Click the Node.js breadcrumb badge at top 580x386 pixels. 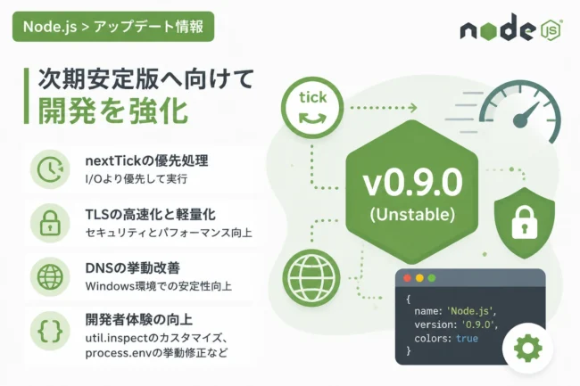point(113,27)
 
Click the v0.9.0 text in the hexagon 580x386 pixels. point(412,183)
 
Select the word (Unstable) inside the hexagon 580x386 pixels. point(412,215)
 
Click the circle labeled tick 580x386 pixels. point(312,108)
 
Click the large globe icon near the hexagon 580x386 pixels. point(311,278)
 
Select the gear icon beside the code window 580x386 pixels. point(528,348)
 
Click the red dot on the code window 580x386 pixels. point(407,278)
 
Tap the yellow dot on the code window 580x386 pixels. point(419,278)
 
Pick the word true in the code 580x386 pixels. point(467,339)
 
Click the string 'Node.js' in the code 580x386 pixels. point(469,311)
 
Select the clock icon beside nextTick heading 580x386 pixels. point(50,169)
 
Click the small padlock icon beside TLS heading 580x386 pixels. point(50,223)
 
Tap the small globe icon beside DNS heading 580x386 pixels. point(50,277)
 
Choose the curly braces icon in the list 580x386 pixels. point(50,331)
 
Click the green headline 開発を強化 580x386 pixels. point(113,111)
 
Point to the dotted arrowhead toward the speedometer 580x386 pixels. point(412,108)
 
